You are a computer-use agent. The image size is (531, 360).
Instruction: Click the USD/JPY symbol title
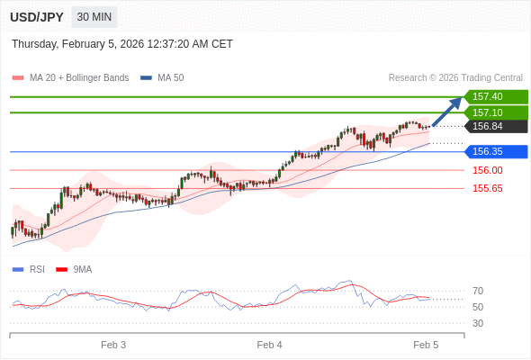point(36,17)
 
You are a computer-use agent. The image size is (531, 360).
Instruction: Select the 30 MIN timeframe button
point(94,17)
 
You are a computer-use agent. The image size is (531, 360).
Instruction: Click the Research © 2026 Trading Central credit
point(455,78)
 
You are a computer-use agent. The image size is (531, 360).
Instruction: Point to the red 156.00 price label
point(488,170)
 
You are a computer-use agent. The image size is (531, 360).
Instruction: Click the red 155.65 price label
point(488,188)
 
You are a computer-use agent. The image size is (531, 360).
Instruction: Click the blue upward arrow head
point(456,102)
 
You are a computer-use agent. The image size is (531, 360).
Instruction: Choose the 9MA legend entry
point(82,269)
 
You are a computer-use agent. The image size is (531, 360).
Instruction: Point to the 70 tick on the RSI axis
point(478,291)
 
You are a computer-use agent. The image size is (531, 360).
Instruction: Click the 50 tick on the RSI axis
point(478,307)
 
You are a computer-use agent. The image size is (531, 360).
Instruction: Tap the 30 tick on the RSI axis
point(478,323)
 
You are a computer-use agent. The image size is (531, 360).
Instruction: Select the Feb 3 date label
point(113,345)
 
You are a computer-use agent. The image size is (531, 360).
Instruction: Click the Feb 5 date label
point(426,345)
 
